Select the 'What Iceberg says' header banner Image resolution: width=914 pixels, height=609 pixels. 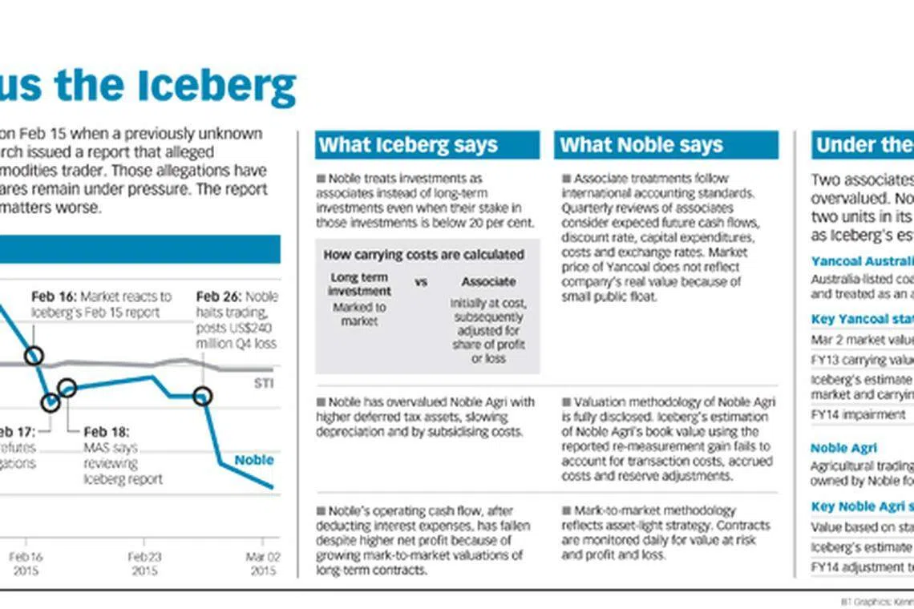(427, 145)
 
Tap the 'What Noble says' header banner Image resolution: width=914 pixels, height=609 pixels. (665, 145)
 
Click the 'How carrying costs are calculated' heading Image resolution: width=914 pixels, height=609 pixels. (423, 254)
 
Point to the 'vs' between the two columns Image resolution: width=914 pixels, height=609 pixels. (422, 282)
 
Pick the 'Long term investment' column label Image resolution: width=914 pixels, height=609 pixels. (360, 284)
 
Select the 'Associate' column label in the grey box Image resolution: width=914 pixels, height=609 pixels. (488, 282)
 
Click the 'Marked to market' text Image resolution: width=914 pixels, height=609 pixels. (358, 314)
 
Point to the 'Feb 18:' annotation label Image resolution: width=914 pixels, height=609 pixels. (107, 432)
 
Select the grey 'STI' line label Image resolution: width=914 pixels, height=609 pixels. (264, 384)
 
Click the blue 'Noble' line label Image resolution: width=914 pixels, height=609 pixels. (253, 460)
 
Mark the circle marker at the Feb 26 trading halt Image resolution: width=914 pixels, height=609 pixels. (203, 396)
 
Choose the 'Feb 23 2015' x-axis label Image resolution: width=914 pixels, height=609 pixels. (145, 563)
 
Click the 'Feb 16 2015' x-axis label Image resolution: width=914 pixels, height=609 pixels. (26, 563)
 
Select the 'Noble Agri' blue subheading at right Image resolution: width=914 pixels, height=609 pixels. (843, 448)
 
